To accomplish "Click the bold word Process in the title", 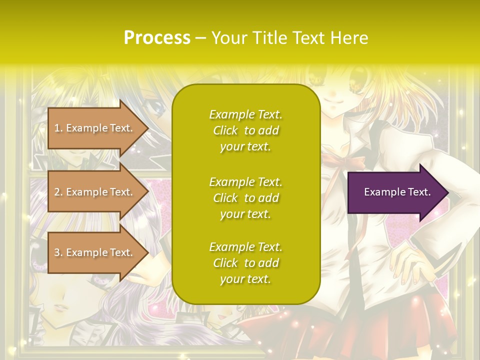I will coord(157,38).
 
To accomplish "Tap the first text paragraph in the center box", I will coord(245,130).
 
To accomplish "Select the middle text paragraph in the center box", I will coord(245,198).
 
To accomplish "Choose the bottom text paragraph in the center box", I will coord(245,263).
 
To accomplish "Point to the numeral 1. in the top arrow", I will coord(58,128).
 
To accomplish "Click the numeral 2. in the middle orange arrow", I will coord(58,192).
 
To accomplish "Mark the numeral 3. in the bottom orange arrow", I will coord(58,252).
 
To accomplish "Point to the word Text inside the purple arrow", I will coord(419,192).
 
